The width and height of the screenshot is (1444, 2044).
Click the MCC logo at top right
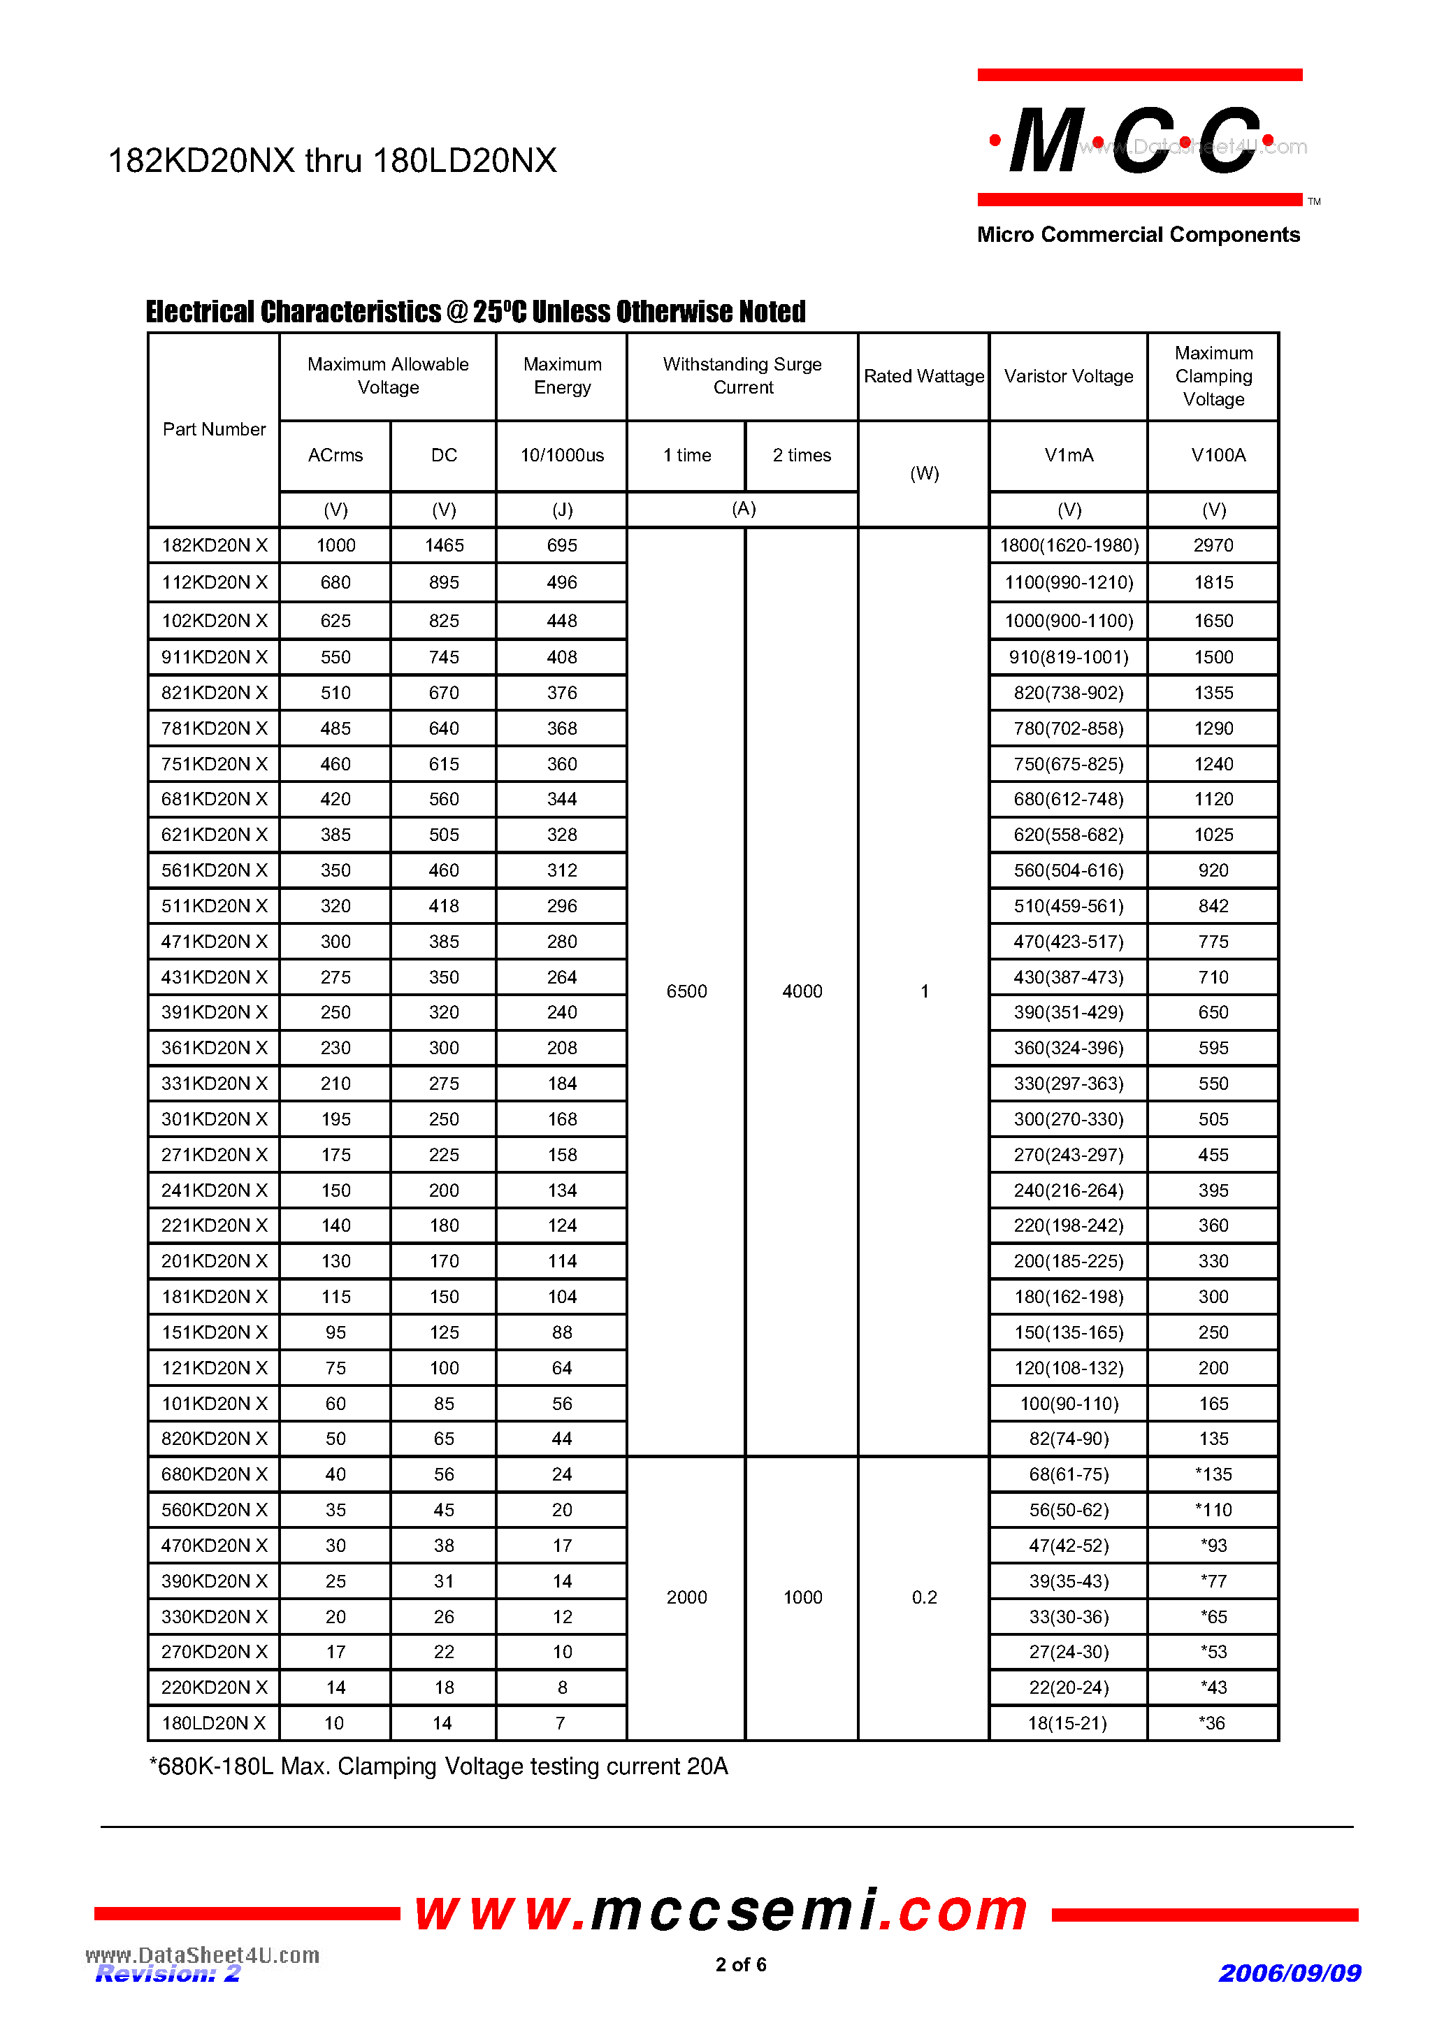click(1138, 140)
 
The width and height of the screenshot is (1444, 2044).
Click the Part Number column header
click(214, 429)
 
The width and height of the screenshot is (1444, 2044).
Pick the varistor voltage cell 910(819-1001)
click(1068, 657)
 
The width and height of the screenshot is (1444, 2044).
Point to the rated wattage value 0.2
click(924, 1597)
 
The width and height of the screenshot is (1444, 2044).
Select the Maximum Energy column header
click(562, 375)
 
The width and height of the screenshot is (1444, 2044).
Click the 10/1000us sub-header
click(562, 455)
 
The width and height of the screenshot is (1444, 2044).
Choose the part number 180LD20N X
click(214, 1722)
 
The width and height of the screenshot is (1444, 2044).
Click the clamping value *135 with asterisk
click(1213, 1474)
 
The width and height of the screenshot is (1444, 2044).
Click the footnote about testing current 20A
click(438, 1766)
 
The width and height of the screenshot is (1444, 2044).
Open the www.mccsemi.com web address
click(721, 1910)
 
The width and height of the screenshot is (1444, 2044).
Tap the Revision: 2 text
click(167, 1973)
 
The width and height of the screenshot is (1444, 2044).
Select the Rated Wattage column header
click(924, 375)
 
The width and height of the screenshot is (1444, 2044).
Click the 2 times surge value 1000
click(802, 1597)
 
